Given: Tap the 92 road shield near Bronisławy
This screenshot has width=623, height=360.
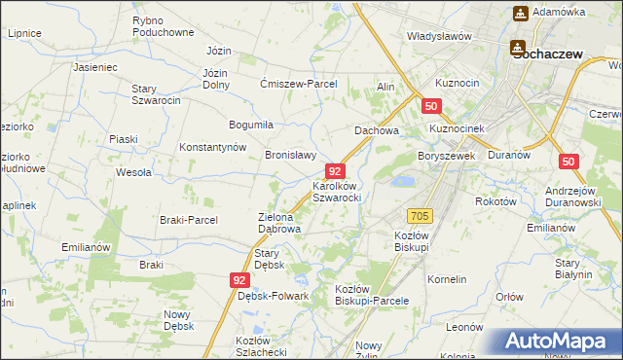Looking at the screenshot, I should click(335, 170).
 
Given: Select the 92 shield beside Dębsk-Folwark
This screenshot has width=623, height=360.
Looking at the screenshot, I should click(240, 279).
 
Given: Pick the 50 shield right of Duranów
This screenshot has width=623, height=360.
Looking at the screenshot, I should click(569, 162).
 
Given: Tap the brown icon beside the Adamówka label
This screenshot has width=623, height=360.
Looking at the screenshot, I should click(520, 13).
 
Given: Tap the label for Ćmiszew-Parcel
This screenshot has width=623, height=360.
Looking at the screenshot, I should click(299, 84).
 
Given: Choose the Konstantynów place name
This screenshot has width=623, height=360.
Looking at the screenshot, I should click(211, 147).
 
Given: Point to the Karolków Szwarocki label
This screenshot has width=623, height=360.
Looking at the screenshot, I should click(337, 191).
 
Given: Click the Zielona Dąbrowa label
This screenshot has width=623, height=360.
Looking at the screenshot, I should click(278, 224).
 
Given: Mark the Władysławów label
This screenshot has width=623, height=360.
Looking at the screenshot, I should click(439, 36).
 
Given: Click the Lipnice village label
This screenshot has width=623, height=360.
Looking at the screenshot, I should click(24, 33).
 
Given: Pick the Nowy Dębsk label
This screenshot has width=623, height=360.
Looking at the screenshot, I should click(178, 319).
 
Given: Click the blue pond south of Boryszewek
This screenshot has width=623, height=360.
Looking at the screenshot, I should click(400, 181).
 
